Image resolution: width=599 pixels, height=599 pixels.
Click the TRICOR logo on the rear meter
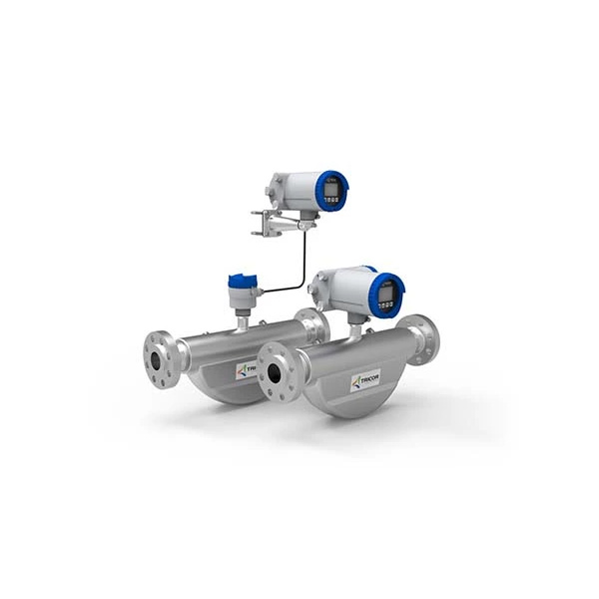pyautogui.click(x=246, y=370)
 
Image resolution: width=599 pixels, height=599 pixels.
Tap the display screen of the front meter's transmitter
pyautogui.click(x=388, y=292)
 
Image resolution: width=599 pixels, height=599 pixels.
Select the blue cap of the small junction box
pyautogui.click(x=240, y=281)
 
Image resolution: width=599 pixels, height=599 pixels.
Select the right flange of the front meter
pyautogui.click(x=423, y=339)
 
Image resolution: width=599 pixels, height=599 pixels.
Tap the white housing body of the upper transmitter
pyautogui.click(x=296, y=191)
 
